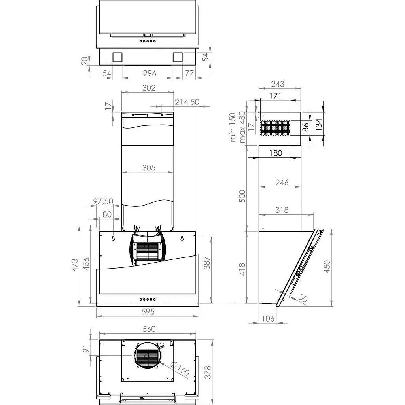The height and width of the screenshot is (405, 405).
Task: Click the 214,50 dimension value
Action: (187, 102)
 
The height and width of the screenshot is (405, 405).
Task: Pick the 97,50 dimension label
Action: (103, 201)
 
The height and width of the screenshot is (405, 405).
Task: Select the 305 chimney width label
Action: (148, 168)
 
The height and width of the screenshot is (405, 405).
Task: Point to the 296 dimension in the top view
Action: (149, 73)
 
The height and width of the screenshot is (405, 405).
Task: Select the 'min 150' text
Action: (233, 127)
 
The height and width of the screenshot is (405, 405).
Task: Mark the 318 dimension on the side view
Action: (282, 210)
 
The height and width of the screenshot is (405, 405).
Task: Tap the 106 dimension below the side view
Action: (268, 318)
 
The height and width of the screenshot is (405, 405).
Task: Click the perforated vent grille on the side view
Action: (275, 128)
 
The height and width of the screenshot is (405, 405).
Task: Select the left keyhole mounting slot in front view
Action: (113, 238)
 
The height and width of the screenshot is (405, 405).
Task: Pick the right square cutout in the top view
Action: (177, 57)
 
